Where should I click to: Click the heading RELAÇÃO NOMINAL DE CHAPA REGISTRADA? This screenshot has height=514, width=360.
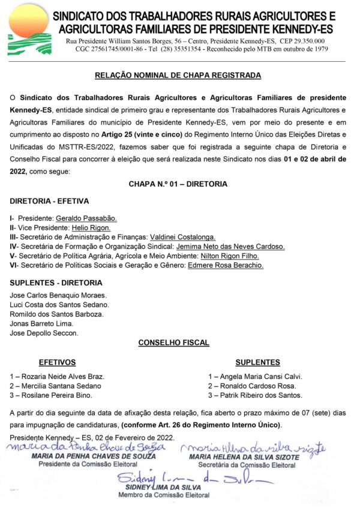pos(178,76)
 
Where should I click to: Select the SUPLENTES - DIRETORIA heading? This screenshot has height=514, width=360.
pos(56,282)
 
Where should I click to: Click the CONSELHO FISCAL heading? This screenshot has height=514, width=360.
pos(174,343)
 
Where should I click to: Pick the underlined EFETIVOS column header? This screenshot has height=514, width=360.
pos(57,362)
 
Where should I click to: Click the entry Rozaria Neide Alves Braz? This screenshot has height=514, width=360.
pos(58,377)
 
